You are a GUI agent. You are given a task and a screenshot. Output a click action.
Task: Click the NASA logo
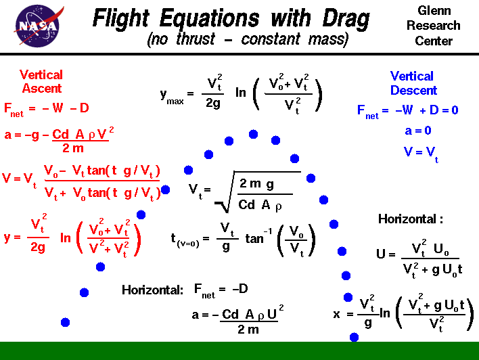35,25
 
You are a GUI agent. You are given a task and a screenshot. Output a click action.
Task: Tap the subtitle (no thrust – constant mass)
248,40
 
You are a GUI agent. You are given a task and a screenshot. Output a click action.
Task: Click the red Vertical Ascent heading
41,81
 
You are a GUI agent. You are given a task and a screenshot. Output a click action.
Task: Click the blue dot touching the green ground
354,337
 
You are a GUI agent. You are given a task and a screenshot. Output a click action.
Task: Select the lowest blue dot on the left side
66,322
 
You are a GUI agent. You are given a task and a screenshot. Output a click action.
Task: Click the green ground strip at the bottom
239,351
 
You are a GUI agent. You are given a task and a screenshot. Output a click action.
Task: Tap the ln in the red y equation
66,238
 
